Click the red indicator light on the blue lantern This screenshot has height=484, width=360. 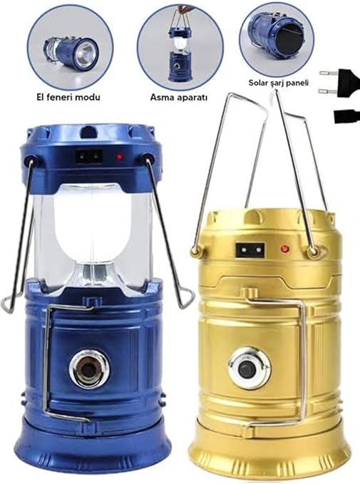coord(120,157)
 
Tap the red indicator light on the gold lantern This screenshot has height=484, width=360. coord(285,248)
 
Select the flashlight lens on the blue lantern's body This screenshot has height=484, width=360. coord(89,369)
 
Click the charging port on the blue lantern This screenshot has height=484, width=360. coord(88,157)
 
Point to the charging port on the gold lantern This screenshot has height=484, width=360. coord(250,249)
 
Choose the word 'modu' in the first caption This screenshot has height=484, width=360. coord(89,97)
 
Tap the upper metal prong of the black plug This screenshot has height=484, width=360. coord(328,73)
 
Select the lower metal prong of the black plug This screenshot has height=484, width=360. coord(327,91)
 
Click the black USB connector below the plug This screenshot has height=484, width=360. coord(347,115)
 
